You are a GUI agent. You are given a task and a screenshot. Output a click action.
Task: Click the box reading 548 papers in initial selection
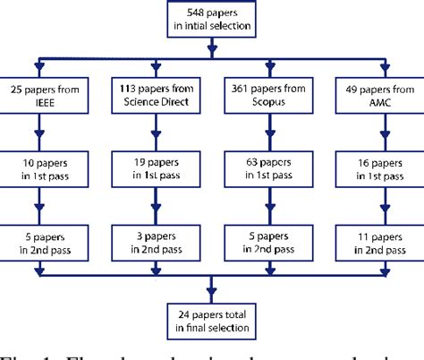click(x=212, y=20)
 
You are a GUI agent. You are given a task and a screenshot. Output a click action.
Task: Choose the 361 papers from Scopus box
click(x=267, y=97)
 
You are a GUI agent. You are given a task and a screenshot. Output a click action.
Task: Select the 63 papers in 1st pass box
click(x=267, y=168)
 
